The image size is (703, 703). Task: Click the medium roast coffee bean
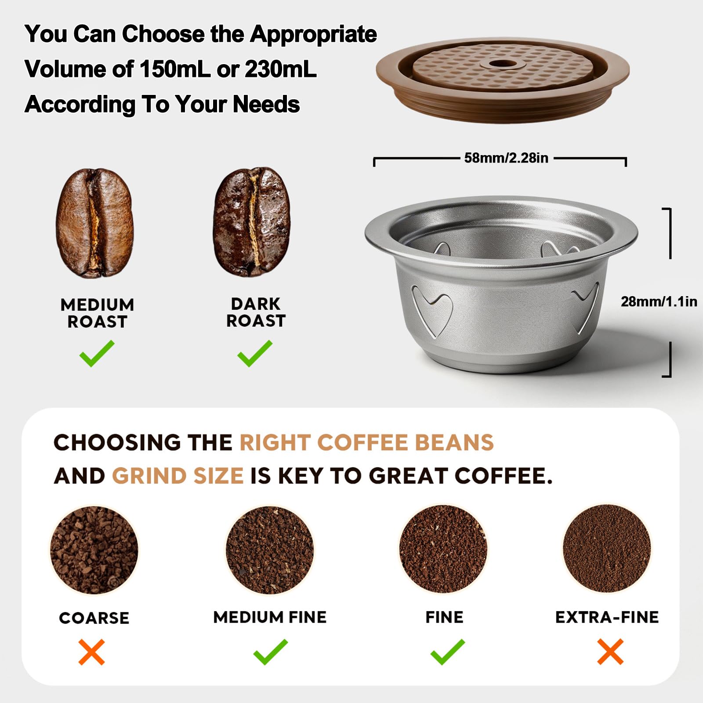94,223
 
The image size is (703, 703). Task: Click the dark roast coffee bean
252,221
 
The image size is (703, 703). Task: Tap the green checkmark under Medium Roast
97,353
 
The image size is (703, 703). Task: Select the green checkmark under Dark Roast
255,353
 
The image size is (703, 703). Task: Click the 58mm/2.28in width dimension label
506,158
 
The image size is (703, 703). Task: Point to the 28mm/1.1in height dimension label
659,301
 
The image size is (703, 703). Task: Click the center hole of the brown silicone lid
497,64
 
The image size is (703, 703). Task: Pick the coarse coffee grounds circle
94,550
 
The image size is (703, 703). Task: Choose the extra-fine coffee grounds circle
607,548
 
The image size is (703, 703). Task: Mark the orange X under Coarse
92,652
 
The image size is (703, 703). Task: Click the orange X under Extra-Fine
610,652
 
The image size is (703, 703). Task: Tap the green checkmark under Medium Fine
271,652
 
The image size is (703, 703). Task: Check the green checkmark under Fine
447,652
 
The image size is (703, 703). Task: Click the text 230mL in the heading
280,69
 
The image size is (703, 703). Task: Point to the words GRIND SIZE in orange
178,476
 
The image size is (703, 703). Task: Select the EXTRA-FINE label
607,617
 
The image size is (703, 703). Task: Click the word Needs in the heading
266,104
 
